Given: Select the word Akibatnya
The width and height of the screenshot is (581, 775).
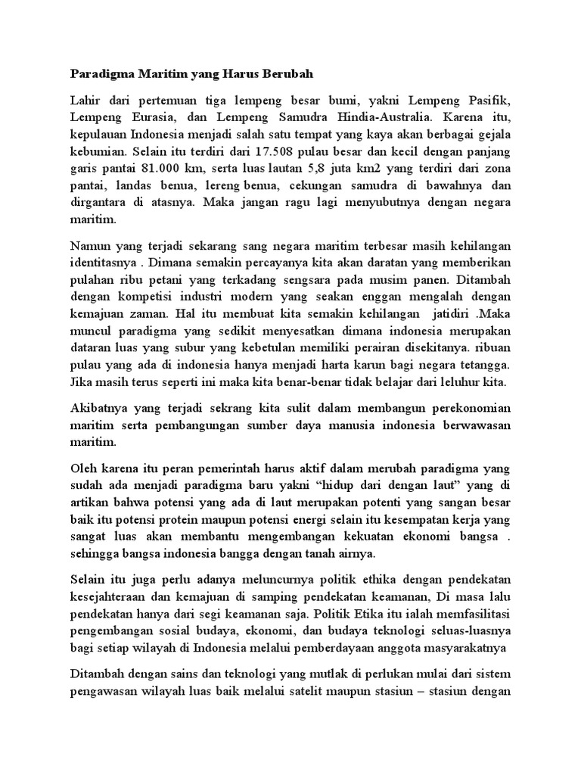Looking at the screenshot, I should click(x=100, y=409).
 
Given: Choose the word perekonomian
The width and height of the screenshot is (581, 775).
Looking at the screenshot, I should click(x=471, y=409).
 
